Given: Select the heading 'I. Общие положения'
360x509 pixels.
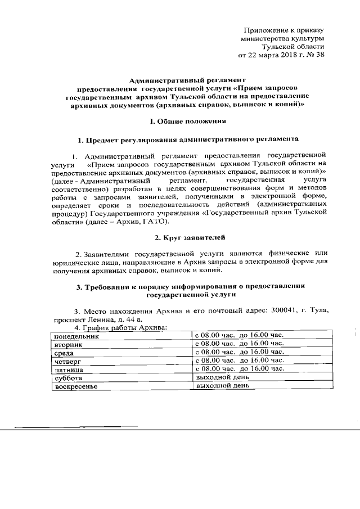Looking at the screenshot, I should pyautogui.click(x=184, y=120).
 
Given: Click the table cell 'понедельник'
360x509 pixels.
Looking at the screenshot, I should pyautogui.click(x=76, y=336).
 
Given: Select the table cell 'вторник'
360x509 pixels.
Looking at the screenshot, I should pyautogui.click(x=68, y=344).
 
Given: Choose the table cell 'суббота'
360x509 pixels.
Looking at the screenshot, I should pyautogui.click(x=66, y=379).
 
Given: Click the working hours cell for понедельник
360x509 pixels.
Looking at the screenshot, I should pyautogui.click(x=238, y=335).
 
